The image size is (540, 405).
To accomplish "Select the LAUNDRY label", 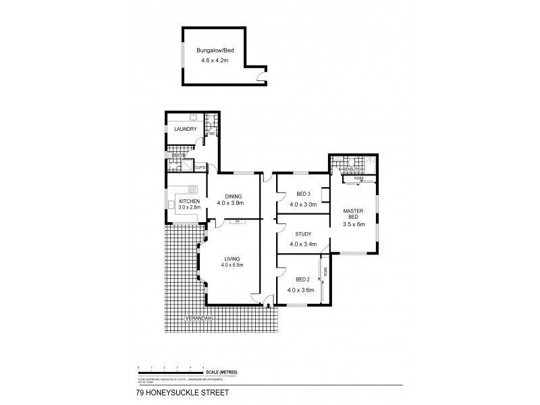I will click(185, 129).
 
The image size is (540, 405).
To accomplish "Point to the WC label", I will click(211, 134).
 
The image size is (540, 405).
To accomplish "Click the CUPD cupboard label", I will click(200, 167).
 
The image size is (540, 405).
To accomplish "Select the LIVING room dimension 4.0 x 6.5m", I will click(232, 265).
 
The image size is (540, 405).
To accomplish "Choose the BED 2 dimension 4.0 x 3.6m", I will click(301, 290).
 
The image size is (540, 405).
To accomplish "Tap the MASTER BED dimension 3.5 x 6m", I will click(354, 223).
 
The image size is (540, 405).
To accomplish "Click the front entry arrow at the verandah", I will click(269, 306).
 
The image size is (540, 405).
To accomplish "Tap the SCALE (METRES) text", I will click(222, 373).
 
